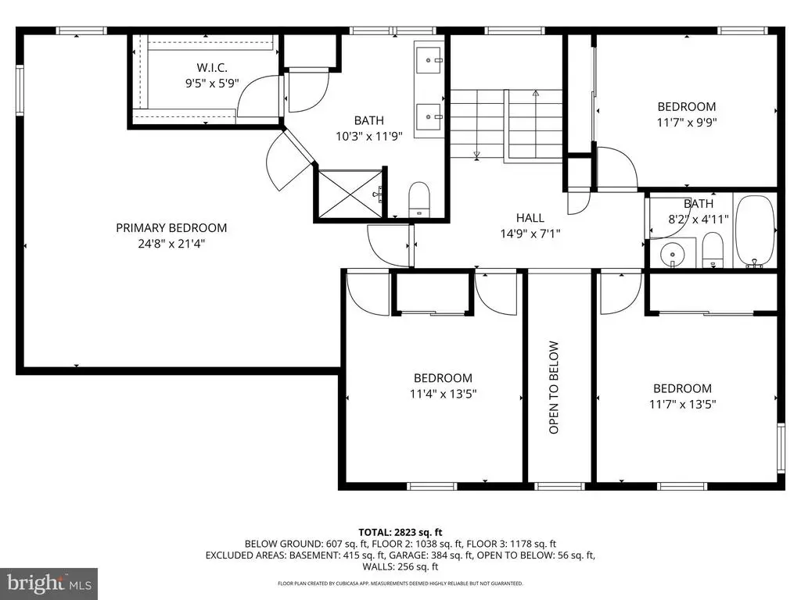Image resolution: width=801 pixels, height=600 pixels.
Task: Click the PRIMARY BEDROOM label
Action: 171,227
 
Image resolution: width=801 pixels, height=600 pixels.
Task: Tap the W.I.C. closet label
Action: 212,67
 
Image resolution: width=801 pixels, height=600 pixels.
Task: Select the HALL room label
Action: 530,218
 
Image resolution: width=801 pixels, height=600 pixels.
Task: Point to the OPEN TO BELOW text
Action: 554,387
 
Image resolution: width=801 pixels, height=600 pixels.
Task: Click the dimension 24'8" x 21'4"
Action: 171,244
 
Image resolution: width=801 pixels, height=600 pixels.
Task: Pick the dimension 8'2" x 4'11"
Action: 699,219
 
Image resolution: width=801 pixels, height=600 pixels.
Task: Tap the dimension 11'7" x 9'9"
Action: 687,123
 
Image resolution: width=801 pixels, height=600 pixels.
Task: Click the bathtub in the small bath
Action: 755,231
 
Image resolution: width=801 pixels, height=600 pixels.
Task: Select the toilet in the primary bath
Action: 419,199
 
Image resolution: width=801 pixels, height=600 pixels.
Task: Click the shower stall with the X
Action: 350,194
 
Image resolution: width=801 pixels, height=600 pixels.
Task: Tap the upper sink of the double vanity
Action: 428,61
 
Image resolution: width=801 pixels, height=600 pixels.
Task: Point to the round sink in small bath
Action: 673,254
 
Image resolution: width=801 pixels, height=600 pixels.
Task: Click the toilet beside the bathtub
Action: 713,250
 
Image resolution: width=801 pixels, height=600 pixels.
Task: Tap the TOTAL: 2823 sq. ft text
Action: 400,533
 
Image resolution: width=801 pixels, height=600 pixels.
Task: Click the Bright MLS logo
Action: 49,582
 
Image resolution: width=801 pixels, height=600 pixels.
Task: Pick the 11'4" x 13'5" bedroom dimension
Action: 443,394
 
